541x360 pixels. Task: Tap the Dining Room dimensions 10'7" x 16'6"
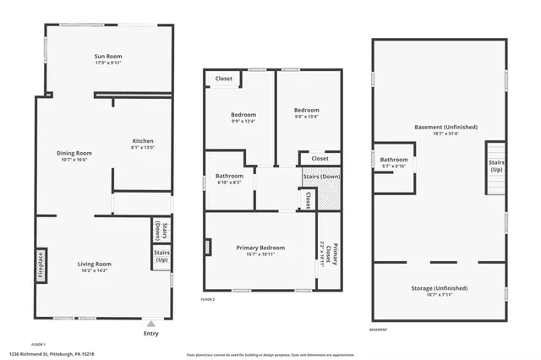pyautogui.click(x=74, y=160)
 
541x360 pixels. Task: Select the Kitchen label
pyautogui.click(x=143, y=140)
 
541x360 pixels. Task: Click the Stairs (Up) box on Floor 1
pyautogui.click(x=160, y=256)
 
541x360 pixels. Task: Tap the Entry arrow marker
pyautogui.click(x=150, y=322)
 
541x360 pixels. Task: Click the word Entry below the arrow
pyautogui.click(x=150, y=333)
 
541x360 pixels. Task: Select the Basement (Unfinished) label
pyautogui.click(x=445, y=128)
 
